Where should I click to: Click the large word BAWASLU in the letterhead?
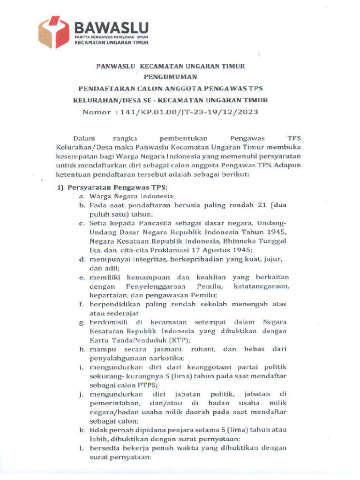click(111, 27)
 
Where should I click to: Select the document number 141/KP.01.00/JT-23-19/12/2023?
click(187, 112)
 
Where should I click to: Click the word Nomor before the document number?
click(97, 112)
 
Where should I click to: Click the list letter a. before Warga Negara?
click(82, 196)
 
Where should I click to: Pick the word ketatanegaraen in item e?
click(265, 286)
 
